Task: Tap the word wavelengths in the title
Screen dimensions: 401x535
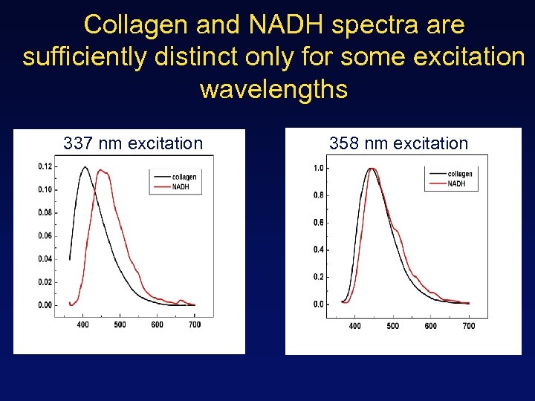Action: click(273, 90)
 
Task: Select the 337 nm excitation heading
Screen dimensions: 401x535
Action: click(133, 143)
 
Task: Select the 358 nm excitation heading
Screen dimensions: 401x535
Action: click(398, 143)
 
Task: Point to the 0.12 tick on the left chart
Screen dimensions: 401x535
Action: click(45, 166)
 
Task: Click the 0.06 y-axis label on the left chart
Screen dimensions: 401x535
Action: click(45, 236)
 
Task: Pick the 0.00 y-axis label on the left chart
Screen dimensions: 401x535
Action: click(45, 305)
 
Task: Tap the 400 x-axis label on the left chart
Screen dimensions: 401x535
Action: click(82, 325)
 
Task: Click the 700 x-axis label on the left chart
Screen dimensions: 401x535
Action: click(195, 325)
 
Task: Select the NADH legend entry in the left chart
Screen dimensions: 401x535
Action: click(180, 187)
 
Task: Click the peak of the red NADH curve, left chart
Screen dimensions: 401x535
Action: click(102, 171)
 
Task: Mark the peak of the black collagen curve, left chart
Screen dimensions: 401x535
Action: click(85, 167)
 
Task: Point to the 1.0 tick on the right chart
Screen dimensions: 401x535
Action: click(318, 169)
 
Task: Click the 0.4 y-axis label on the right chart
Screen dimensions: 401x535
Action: click(318, 250)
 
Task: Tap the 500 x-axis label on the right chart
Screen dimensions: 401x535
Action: click(393, 326)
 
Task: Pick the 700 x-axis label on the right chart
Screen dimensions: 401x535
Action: click(469, 326)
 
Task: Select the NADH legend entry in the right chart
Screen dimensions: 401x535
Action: click(455, 183)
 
